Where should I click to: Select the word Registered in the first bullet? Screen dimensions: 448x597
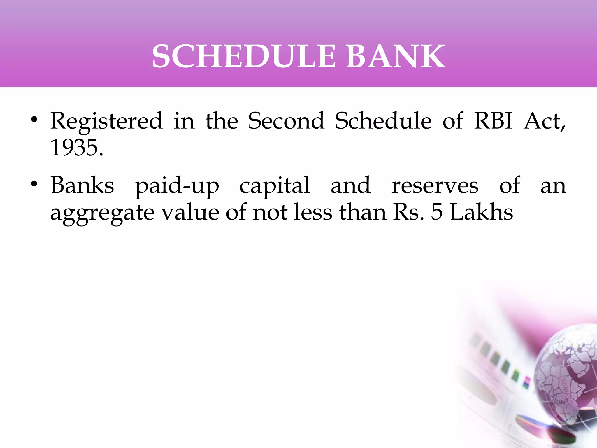[106, 121]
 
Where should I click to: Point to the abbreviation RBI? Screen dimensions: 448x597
[493, 121]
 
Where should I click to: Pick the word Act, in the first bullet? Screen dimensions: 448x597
[545, 121]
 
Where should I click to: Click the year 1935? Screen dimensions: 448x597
[77, 148]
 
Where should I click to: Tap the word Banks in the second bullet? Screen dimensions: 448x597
[82, 185]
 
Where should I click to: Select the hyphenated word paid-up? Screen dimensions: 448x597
[177, 187]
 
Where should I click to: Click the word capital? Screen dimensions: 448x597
[275, 187]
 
